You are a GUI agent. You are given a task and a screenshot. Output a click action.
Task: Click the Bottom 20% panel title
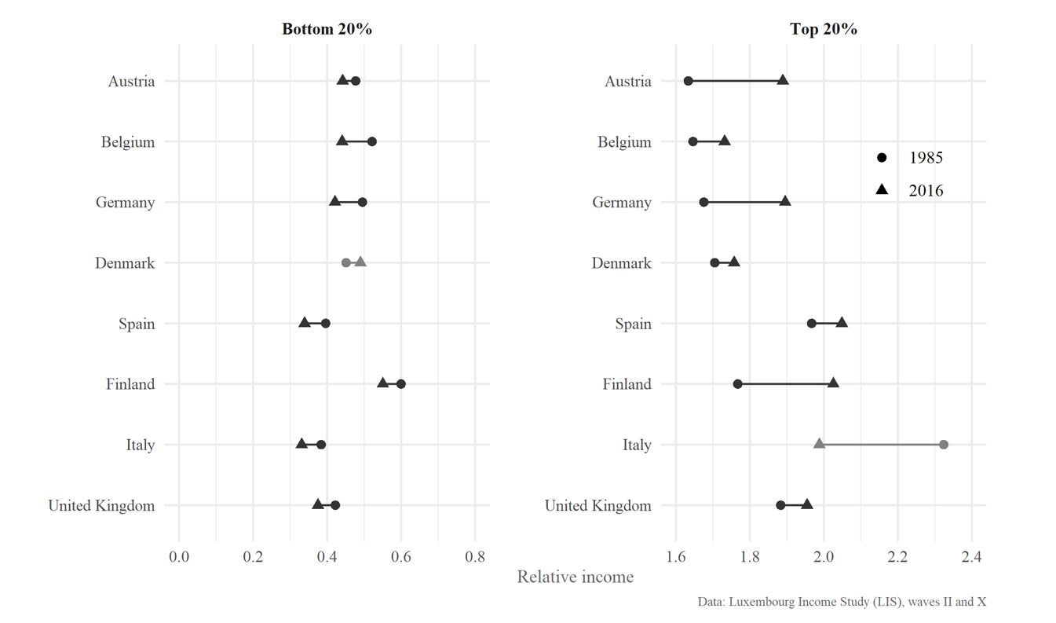point(327,30)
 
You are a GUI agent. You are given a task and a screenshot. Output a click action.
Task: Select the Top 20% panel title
point(823,30)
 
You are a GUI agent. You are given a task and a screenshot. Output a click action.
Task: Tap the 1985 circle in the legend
point(882,158)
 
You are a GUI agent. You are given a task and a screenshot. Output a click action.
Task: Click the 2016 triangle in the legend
point(882,190)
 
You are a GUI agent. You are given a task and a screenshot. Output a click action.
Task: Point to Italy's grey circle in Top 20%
point(944,445)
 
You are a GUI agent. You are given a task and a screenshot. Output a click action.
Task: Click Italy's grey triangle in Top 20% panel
point(819,444)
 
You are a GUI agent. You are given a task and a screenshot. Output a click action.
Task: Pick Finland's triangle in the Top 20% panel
point(833,383)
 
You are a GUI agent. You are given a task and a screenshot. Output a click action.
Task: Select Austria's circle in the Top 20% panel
point(689,81)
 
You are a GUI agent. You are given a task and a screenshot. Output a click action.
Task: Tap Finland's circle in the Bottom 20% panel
point(401,384)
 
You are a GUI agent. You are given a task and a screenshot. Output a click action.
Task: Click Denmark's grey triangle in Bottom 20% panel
point(360,262)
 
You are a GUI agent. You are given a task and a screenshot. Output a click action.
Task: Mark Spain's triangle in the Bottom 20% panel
point(304,322)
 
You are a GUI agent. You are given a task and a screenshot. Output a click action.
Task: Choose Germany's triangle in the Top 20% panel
point(785,201)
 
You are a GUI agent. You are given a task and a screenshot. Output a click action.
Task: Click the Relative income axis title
point(575,577)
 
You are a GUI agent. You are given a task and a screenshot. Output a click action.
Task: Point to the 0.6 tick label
point(401,557)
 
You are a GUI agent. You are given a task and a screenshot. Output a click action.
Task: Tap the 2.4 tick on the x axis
point(971,557)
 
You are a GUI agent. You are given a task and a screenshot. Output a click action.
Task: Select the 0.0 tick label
point(179,557)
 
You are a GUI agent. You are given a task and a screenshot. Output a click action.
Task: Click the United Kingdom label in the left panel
point(101,505)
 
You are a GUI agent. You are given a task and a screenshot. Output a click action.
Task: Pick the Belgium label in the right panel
point(624,142)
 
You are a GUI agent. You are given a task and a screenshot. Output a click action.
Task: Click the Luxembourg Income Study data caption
point(842,602)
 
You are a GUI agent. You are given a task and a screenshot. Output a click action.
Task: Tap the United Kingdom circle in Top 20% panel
point(780,505)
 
